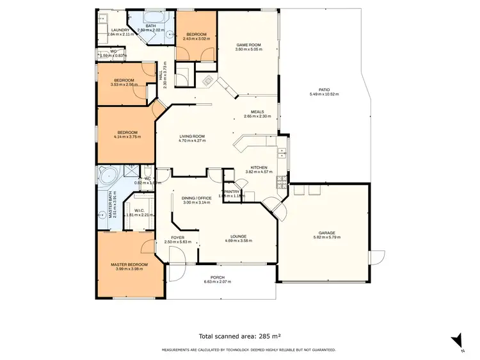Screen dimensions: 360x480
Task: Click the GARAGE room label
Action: click(x=326, y=233)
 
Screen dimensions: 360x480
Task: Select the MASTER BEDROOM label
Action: click(x=129, y=265)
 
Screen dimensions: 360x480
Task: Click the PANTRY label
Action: click(x=231, y=191)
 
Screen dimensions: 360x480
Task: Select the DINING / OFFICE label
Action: click(x=196, y=198)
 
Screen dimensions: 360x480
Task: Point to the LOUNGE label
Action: click(x=238, y=236)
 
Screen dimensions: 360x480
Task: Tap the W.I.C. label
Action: click(x=139, y=210)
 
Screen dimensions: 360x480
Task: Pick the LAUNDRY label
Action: click(x=121, y=30)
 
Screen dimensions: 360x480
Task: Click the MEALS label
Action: click(x=257, y=111)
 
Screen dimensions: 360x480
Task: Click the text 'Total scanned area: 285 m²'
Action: click(x=240, y=336)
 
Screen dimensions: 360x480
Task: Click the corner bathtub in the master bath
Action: click(x=106, y=174)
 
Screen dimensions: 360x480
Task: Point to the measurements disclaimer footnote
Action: click(x=240, y=350)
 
